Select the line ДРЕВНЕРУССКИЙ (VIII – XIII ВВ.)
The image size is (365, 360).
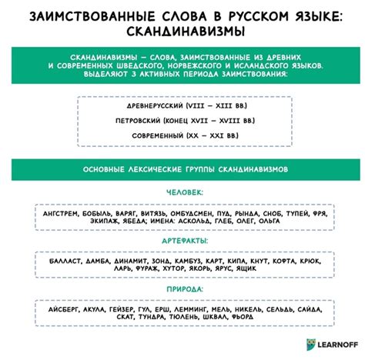[182, 105]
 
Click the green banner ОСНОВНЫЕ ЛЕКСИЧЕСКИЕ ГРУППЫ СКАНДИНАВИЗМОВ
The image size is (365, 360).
[182, 169]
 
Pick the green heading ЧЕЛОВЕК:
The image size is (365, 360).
[182, 192]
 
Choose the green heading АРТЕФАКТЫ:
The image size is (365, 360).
[182, 242]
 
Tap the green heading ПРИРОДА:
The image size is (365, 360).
[182, 290]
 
